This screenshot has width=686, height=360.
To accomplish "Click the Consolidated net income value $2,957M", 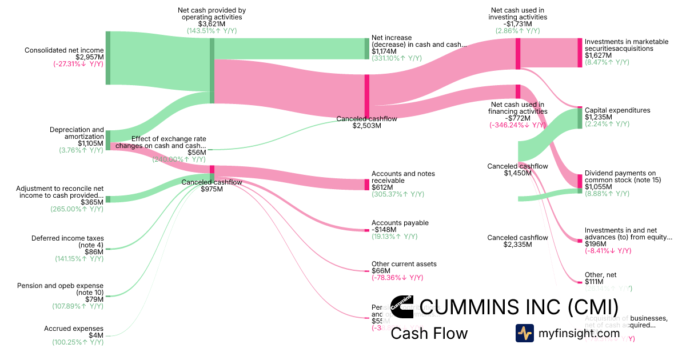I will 90,57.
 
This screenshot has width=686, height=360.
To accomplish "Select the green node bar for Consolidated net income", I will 107,58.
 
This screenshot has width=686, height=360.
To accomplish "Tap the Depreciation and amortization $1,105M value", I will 91,143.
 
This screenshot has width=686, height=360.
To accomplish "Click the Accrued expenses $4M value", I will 95,335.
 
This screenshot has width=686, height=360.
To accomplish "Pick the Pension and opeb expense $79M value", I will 94,299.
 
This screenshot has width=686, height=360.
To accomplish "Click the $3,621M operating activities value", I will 212,24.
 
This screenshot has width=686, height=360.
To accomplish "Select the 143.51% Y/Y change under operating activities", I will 212,31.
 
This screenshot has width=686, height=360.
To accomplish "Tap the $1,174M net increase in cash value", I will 383,51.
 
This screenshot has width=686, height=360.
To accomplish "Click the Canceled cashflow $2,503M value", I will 366,126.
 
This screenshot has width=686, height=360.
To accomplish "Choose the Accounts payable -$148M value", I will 385,230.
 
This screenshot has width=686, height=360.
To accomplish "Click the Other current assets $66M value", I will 381,271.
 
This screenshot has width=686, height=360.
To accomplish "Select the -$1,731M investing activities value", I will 518,24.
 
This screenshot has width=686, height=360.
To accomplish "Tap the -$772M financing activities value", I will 517,118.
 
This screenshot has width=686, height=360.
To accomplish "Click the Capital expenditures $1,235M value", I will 599,117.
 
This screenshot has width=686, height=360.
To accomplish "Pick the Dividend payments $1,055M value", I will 599,187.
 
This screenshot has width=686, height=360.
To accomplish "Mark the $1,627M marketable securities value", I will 599,55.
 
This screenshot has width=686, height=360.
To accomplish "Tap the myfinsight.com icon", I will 524,333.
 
